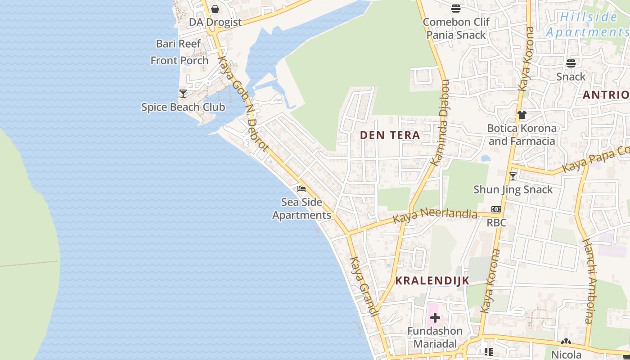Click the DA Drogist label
pos(215,22)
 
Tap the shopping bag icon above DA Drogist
pos(215,9)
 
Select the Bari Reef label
pos(178,44)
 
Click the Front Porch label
pos(180,60)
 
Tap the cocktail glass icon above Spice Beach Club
pos(183,94)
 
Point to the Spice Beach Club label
pos(183,107)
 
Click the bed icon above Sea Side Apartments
pos(301,189)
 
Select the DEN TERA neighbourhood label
pos(390,135)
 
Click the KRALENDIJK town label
pos(432,281)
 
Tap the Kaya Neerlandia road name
pos(435,215)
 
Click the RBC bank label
pos(496,223)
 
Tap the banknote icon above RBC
pos(496,209)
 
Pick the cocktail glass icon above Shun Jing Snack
pos(513,176)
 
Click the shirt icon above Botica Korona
pos(522,115)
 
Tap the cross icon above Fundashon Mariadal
pos(435,318)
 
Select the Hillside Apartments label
pos(588,25)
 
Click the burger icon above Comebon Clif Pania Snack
pos(455,9)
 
